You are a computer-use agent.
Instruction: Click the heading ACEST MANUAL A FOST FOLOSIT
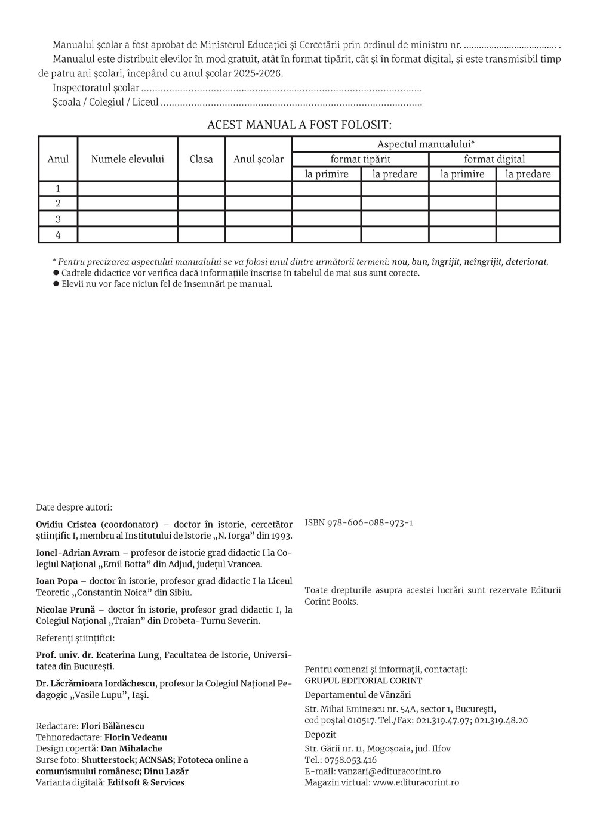point(299,125)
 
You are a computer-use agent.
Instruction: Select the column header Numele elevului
point(127,159)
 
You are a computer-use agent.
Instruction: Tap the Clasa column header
point(201,159)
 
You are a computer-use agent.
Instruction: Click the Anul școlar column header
point(259,159)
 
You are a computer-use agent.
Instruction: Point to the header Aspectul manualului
point(426,144)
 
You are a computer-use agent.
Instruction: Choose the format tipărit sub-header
point(361,159)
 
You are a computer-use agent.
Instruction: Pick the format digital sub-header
point(494,159)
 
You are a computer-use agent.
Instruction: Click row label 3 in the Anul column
point(58,219)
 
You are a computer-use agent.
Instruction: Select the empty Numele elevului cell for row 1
point(127,188)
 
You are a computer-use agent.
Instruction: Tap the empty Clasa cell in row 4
point(201,234)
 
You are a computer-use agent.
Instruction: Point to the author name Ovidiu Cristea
point(67,525)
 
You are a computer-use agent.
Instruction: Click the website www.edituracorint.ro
point(416,782)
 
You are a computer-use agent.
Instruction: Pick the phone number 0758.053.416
point(349,760)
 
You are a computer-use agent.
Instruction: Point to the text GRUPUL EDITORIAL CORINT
point(363,680)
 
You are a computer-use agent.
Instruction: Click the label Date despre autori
point(74,508)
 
